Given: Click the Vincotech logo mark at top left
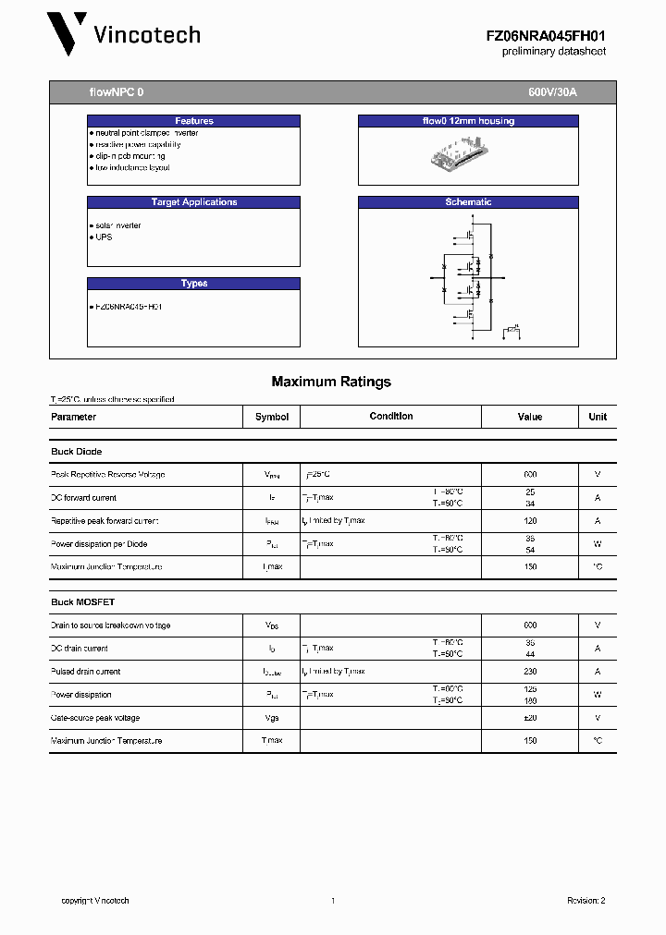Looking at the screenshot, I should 68,34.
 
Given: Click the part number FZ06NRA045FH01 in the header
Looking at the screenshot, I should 546,35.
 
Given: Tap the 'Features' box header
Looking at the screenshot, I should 194,121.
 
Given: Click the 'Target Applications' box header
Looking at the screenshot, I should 194,202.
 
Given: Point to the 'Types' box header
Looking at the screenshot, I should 194,284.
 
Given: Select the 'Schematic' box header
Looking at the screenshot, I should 468,202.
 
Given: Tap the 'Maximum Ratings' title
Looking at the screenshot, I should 331,382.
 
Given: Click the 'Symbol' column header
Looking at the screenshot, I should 272,417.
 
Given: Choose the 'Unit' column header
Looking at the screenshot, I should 598,417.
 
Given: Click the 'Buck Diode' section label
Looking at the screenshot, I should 76,452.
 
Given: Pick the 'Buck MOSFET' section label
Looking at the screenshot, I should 82,602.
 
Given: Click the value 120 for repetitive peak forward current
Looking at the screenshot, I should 529,521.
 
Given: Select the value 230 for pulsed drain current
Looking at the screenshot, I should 529,672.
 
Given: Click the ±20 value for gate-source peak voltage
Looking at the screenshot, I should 529,718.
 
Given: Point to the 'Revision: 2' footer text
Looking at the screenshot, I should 586,901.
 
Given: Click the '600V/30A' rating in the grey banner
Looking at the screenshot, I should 552,93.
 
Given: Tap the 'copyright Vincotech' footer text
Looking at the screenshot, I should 95,901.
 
